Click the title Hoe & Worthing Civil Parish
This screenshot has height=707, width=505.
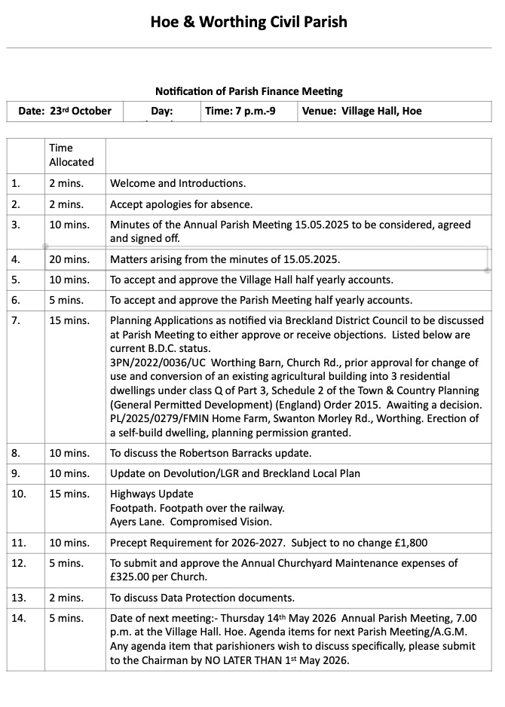249,22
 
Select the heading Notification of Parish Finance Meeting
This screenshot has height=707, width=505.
249,91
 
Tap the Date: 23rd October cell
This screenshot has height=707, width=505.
65,111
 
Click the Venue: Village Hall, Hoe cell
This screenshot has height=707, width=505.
362,111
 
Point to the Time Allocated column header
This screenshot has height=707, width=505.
72,155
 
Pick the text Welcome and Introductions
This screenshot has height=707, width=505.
178,183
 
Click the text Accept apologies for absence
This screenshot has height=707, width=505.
181,204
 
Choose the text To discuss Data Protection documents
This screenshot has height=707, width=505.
202,598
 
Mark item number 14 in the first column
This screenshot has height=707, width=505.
18,619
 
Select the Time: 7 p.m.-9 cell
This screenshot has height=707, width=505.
240,111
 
